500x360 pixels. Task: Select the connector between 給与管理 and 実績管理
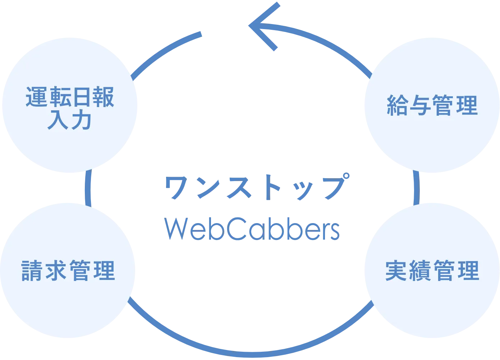(x=416, y=188)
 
